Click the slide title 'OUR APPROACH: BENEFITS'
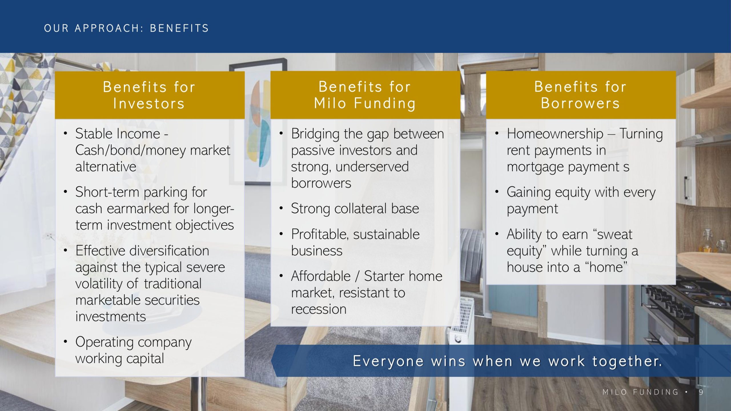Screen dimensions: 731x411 point(126,28)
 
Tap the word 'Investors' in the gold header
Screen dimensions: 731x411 point(149,103)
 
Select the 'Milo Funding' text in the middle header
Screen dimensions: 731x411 point(365,103)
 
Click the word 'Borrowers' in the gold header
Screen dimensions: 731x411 point(581,103)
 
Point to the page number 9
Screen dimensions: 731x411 point(701,392)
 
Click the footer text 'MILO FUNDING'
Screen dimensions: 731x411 point(640,392)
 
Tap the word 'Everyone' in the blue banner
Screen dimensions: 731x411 point(388,361)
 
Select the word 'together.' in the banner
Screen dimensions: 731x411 point(627,361)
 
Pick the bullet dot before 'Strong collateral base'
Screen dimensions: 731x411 point(281,208)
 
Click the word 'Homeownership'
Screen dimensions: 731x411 point(555,134)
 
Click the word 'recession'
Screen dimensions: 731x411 point(319,309)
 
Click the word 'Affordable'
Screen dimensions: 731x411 point(321,276)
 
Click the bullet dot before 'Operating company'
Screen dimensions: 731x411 point(66,341)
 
